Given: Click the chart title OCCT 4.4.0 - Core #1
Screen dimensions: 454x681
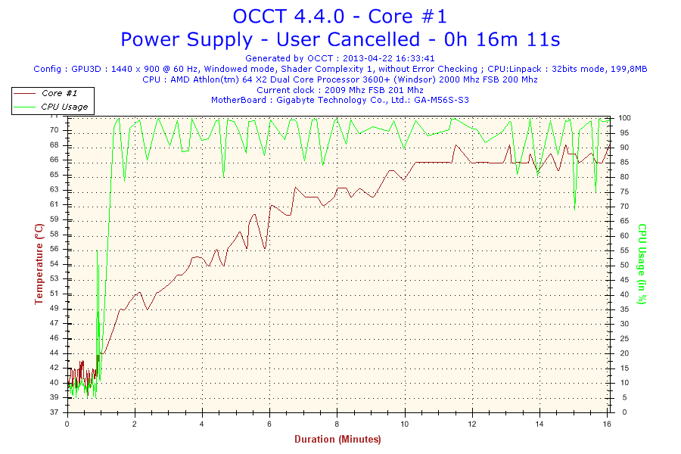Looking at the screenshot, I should click(340, 16).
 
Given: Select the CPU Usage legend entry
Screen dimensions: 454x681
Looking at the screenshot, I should click(64, 107).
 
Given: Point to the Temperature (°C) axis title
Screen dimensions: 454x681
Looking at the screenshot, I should click(39, 264).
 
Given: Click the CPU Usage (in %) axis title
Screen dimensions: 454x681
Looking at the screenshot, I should click(642, 263).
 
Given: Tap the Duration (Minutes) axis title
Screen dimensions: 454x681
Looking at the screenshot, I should click(337, 439).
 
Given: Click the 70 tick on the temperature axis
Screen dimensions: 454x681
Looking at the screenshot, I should click(54, 130).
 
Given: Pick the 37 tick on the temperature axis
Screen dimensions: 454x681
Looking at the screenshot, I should click(54, 412).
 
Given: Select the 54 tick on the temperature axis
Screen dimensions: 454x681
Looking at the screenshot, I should click(54, 264).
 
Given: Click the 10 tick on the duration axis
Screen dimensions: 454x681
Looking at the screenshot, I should click(405, 424).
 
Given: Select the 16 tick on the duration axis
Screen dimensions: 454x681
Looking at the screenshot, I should click(607, 424).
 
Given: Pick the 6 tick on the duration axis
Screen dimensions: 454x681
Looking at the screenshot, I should click(269, 424).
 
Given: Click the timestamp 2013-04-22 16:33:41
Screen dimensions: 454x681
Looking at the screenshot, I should click(388, 58).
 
